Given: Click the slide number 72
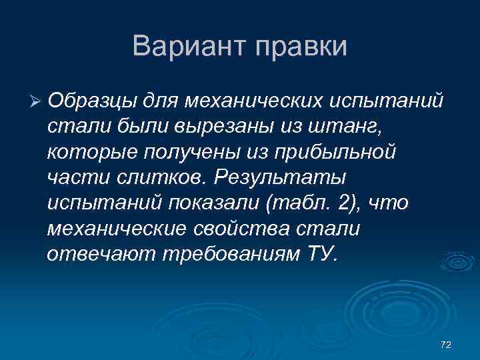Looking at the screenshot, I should pos(446,344).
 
